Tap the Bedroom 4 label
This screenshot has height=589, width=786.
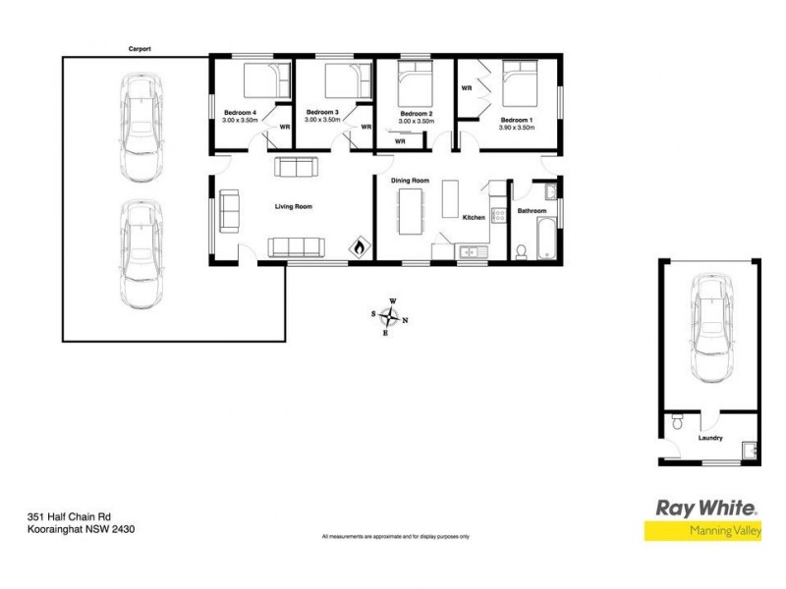[x=240, y=113]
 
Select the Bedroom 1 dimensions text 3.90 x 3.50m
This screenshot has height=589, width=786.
[x=516, y=127]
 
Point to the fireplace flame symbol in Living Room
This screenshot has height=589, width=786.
[x=360, y=246]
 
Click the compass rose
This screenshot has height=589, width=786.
[x=391, y=316]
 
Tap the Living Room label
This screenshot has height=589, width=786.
[x=293, y=206]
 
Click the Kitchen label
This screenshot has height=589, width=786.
[x=474, y=217]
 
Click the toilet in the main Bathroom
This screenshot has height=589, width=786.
[x=521, y=251]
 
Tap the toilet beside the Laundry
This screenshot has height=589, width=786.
[x=676, y=424]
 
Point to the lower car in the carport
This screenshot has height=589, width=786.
[x=140, y=250]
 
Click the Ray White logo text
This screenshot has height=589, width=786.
[x=705, y=509]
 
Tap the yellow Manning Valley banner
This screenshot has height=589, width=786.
[x=702, y=531]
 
